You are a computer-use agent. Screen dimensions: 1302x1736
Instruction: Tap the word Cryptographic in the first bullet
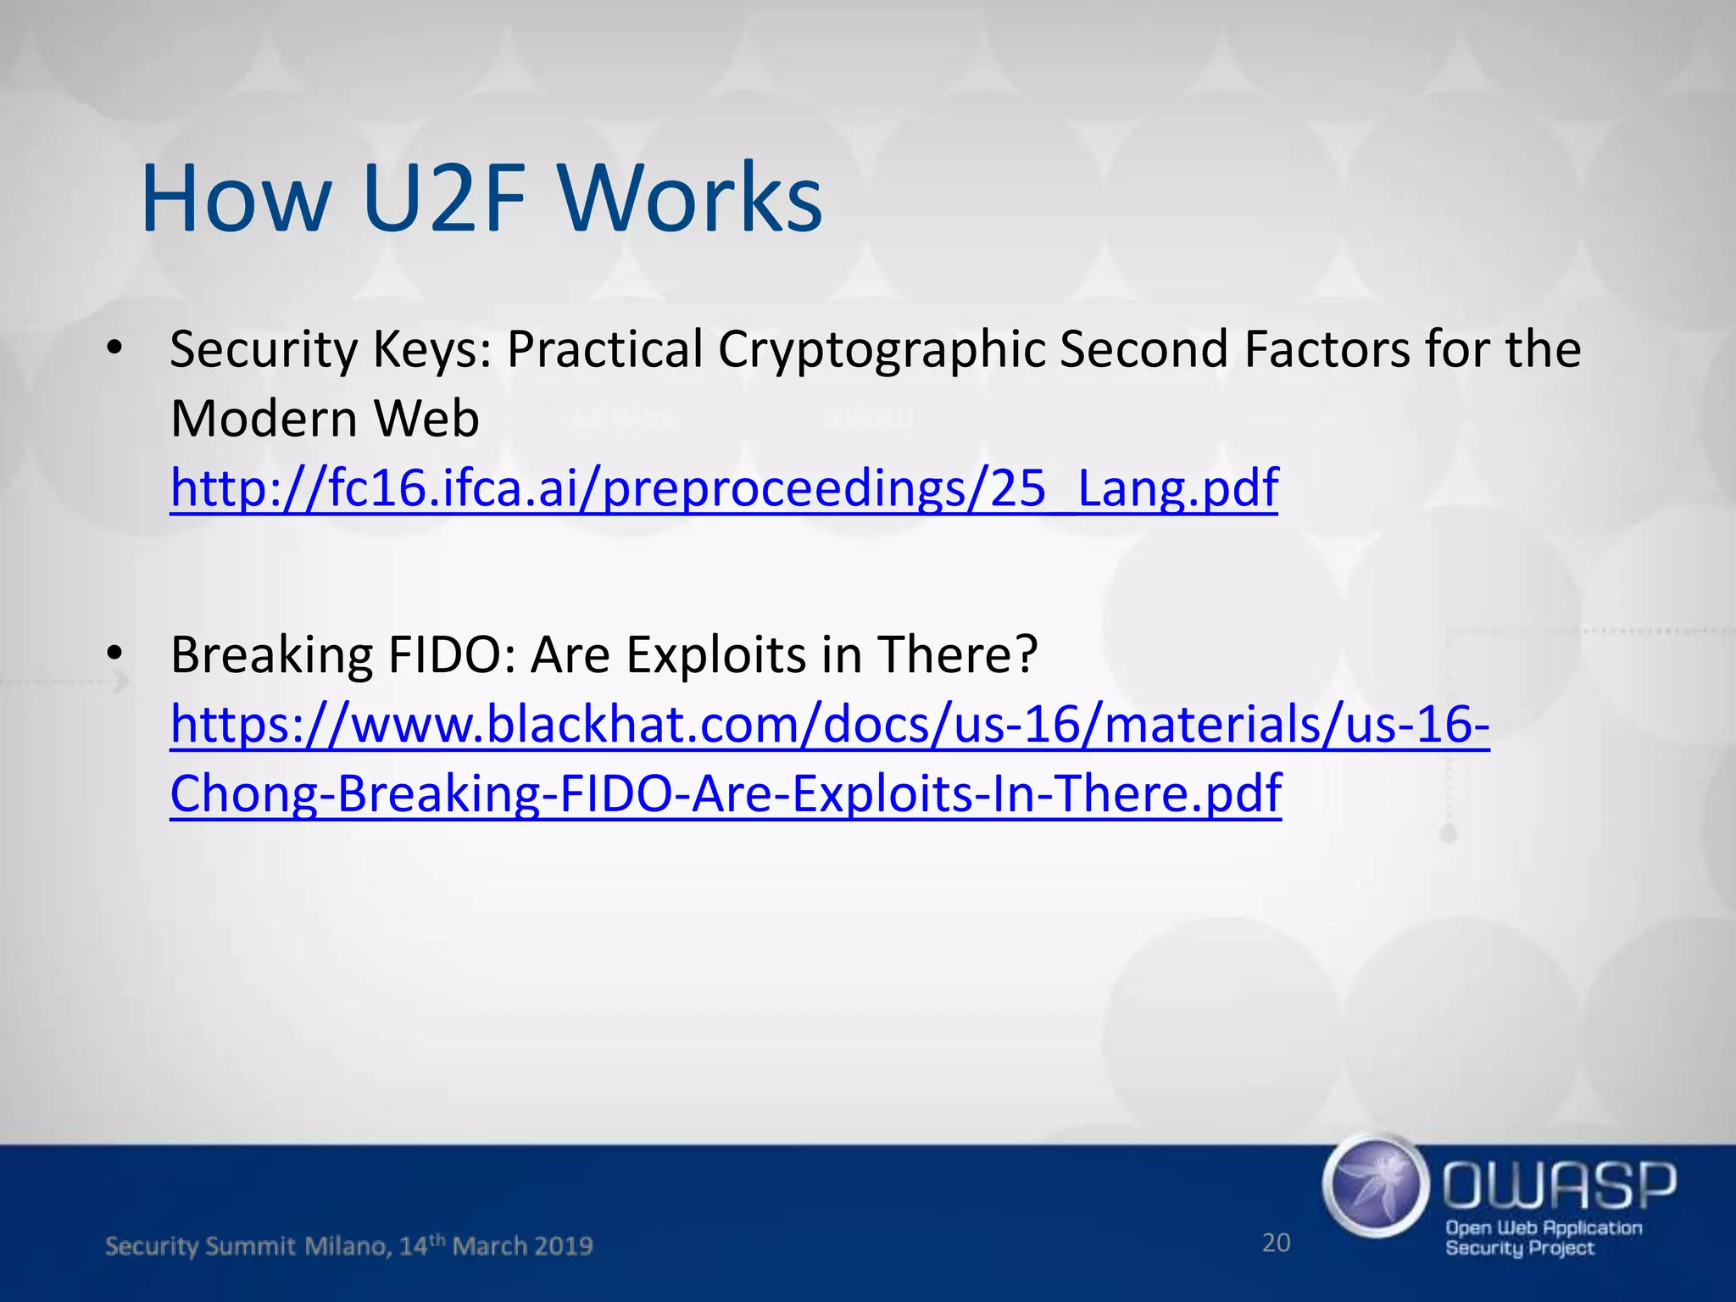[882, 349]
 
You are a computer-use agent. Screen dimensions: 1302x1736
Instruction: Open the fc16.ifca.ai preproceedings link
[724, 488]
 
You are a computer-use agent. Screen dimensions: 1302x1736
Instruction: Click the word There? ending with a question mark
[957, 654]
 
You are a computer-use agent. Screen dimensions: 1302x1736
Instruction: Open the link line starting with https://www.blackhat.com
[830, 725]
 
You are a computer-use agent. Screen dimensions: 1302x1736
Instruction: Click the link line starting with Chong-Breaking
[726, 793]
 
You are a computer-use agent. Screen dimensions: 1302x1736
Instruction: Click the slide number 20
[1276, 1243]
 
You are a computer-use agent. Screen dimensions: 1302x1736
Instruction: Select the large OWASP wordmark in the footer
[1559, 1185]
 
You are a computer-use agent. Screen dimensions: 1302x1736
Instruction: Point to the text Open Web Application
[1544, 1227]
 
